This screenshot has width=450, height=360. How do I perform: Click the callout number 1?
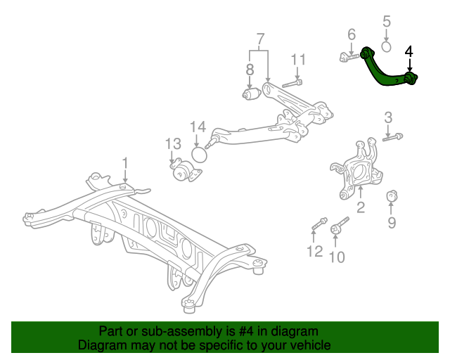[x=125, y=163]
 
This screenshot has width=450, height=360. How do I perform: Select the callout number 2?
[x=361, y=207]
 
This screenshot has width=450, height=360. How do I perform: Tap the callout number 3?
[x=387, y=117]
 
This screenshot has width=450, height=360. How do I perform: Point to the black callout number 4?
[x=409, y=51]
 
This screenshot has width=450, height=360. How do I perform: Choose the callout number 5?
[x=387, y=22]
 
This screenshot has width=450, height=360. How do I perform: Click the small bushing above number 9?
[x=393, y=193]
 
